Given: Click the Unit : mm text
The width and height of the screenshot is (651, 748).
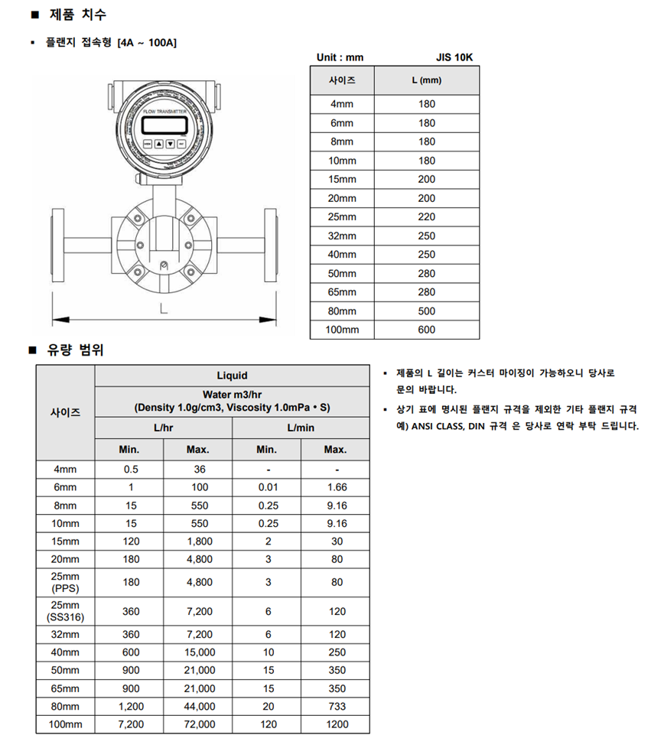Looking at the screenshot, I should click(x=340, y=57).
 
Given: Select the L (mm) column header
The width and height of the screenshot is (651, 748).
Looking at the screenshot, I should click(x=426, y=80).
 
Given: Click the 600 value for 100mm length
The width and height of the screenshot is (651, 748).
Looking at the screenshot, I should click(x=426, y=330).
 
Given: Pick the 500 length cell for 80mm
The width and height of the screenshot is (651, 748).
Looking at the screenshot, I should click(x=426, y=311).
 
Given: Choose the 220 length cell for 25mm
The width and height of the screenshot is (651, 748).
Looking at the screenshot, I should click(x=426, y=216).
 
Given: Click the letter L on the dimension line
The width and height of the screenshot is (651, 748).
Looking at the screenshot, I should click(x=163, y=309).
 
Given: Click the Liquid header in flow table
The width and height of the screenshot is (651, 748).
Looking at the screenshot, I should click(x=232, y=376).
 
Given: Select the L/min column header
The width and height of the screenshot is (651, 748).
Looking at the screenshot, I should click(x=301, y=428).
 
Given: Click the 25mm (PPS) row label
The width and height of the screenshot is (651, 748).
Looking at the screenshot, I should click(x=65, y=582).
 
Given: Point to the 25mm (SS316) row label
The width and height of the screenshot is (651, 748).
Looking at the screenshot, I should click(x=65, y=611).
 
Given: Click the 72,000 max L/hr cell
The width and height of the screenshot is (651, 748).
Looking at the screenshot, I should click(x=197, y=724).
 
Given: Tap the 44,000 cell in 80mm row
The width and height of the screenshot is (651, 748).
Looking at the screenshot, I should click(x=197, y=706).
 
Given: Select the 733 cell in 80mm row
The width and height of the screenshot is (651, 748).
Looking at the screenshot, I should click(x=336, y=706).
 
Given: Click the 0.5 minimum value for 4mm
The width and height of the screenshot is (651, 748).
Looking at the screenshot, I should click(x=131, y=470).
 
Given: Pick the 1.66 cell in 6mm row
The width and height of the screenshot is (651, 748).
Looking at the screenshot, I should click(x=336, y=487).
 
